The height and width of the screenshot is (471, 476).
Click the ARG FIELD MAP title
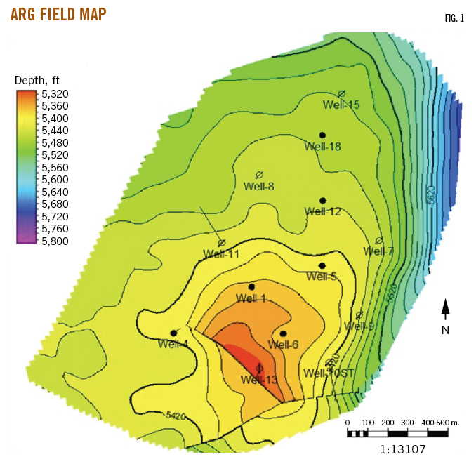point(58,14)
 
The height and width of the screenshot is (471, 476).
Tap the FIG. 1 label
point(454,19)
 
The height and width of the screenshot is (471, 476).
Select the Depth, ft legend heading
point(41,80)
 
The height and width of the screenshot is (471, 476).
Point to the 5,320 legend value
point(55,93)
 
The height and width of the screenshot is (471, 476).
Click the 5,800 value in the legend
point(55,241)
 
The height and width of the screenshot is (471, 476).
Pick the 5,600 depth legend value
point(55,179)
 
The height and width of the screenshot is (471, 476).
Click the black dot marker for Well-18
point(322,135)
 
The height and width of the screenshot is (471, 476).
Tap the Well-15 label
point(341,105)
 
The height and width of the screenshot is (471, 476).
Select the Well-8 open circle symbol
point(258,174)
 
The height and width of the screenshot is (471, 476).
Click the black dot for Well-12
point(322,201)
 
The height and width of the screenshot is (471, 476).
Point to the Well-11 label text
point(221,253)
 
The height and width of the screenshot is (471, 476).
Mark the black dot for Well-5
point(322,265)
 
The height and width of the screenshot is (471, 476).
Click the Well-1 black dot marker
point(251,287)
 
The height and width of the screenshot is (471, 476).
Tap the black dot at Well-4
point(173,333)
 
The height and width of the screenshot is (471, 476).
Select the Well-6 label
point(284,345)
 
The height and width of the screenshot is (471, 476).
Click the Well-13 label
point(259,380)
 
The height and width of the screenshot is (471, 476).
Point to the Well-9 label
point(359,326)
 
